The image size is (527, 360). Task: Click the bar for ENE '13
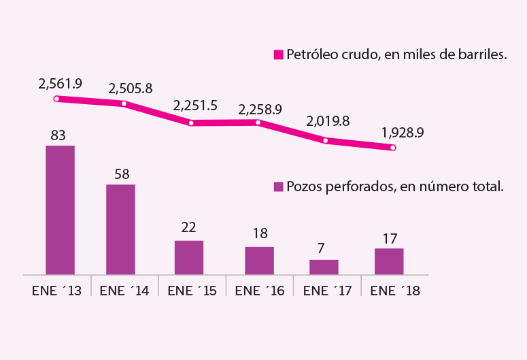click(x=60, y=210)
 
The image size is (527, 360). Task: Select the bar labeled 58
click(x=120, y=229)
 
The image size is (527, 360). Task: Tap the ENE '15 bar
click(x=189, y=258)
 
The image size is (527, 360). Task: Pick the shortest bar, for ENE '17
click(x=324, y=267)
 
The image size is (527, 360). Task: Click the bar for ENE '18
click(x=389, y=261)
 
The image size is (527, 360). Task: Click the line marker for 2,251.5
click(x=191, y=123)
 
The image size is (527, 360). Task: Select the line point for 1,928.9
click(x=393, y=148)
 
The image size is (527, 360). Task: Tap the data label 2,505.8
click(x=131, y=88)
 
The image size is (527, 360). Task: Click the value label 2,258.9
click(x=260, y=110)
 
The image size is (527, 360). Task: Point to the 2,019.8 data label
click(x=328, y=121)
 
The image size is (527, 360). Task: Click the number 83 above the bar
click(x=58, y=135)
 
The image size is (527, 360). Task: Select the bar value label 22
click(x=188, y=228)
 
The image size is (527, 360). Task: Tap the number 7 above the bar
click(x=321, y=248)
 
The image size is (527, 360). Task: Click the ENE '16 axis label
click(x=260, y=291)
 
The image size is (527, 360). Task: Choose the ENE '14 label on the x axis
click(x=124, y=291)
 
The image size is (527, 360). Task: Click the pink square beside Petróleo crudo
click(x=278, y=54)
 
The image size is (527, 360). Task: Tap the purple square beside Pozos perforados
click(x=278, y=186)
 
